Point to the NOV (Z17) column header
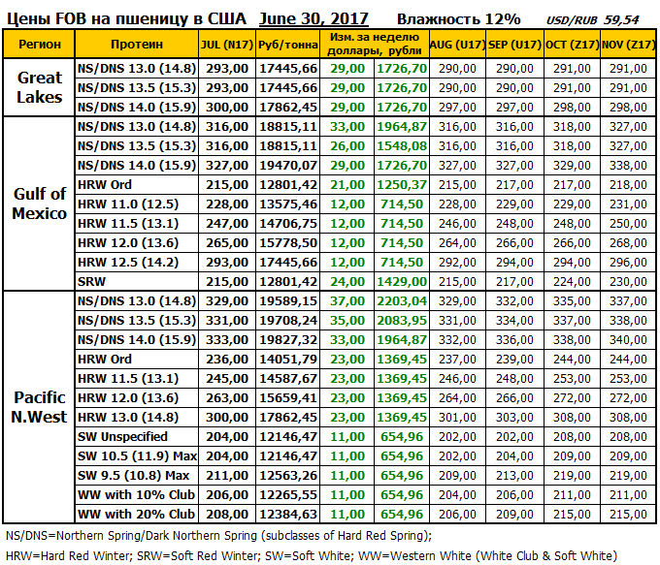628,45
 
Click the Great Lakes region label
40,86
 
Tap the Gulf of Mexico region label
40,203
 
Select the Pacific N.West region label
40,406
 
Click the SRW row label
93,280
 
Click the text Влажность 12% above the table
459,18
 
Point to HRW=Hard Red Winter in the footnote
64,555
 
